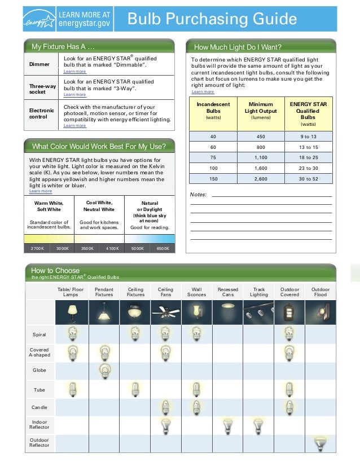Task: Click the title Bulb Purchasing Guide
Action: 212,20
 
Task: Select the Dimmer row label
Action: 39,64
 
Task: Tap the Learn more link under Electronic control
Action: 75,126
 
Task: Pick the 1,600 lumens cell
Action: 261,168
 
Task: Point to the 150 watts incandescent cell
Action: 213,179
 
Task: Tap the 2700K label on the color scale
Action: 37,248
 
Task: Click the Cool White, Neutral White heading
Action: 99,206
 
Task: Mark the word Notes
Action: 198,195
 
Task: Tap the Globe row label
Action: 39,371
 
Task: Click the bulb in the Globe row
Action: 104,371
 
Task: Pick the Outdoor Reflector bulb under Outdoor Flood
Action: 321,443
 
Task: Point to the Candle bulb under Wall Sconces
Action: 196,407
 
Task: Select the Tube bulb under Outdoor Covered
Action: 289,389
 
